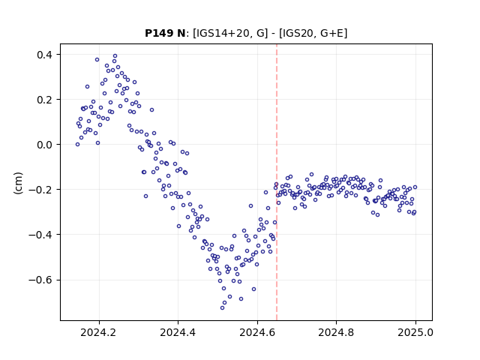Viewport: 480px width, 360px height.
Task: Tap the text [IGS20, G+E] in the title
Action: pos(313,33)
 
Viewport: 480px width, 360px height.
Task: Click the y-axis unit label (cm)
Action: pos(18,183)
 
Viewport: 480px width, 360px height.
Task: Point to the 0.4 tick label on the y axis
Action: pos(45,55)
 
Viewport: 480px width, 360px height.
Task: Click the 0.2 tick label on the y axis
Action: pos(45,100)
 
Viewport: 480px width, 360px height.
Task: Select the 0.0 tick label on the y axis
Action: pos(45,145)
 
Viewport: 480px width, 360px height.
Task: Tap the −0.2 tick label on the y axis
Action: pos(40,190)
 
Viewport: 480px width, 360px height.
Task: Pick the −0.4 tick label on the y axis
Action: pos(40,235)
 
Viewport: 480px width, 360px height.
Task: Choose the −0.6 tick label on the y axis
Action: pos(40,280)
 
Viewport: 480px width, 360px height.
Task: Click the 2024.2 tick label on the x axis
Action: pos(98,332)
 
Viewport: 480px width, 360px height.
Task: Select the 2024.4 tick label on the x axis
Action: pos(178,332)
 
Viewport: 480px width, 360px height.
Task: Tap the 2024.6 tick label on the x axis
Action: pos(257,332)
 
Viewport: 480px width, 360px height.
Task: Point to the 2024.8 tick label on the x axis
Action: pos(336,332)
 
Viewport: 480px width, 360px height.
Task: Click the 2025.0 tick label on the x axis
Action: pos(415,332)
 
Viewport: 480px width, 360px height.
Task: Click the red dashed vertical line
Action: pos(277,182)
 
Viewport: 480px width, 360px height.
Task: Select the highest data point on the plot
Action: pos(115,56)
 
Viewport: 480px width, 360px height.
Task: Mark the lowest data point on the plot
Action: pos(222,307)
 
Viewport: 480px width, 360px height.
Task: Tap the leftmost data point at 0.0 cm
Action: pos(77,145)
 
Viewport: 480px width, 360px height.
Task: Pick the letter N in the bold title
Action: pos(181,33)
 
